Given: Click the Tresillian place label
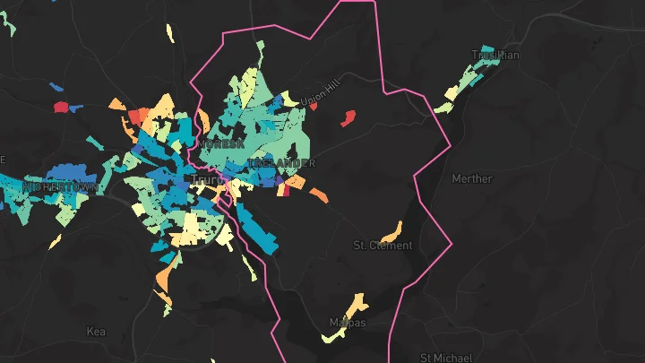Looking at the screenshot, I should point(496,55).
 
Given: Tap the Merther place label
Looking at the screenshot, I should point(472,178).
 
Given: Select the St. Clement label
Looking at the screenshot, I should point(383,245).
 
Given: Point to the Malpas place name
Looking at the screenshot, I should point(347,323).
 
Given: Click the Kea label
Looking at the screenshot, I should point(96,331).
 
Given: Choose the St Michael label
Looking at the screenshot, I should point(445,358).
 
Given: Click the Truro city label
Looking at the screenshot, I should point(207,179).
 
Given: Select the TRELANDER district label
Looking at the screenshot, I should point(283,163).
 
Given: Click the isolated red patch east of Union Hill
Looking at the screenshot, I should point(348,117).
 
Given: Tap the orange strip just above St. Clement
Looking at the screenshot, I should point(391,230).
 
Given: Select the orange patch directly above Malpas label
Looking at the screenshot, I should point(357,301).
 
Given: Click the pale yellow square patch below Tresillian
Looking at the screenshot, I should point(443,108).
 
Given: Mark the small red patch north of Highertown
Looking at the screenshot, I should point(61,108).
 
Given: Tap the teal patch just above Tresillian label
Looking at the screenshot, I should point(486,49).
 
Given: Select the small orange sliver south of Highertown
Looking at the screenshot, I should point(56,241).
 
